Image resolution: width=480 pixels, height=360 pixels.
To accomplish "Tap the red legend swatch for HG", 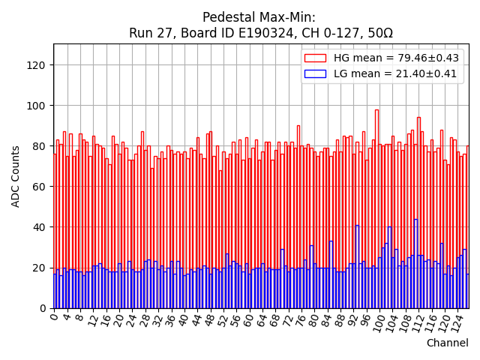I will click(x=314, y=58).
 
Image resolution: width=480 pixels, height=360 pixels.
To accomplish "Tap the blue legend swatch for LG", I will click(x=314, y=73).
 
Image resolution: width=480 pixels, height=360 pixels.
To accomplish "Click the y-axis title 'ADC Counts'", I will click(x=16, y=176).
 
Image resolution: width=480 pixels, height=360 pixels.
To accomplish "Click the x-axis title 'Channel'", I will click(x=448, y=343).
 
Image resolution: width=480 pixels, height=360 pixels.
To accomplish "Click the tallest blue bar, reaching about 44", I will click(x=415, y=262).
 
